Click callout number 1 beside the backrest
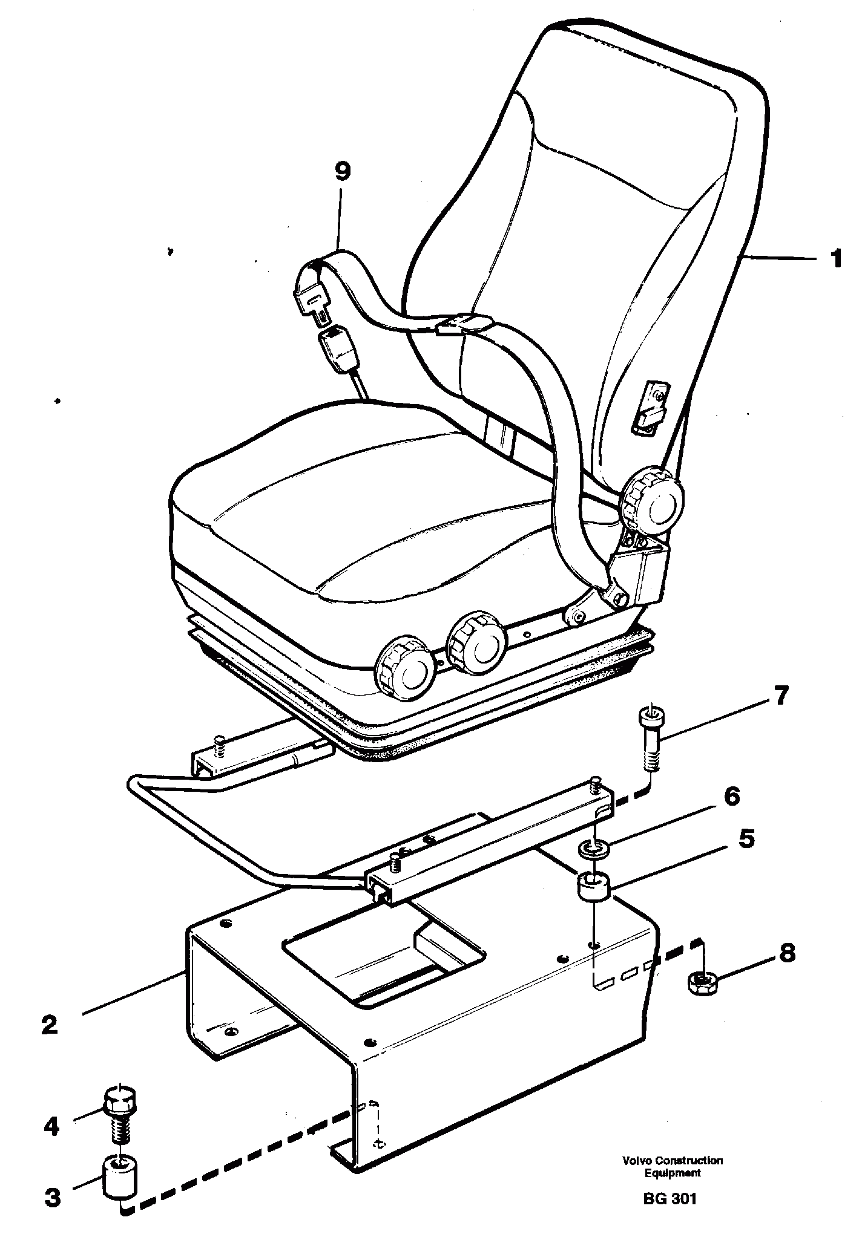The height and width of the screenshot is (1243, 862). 836,259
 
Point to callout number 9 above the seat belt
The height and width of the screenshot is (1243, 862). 342,171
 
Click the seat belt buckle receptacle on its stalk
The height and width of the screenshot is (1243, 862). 335,349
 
